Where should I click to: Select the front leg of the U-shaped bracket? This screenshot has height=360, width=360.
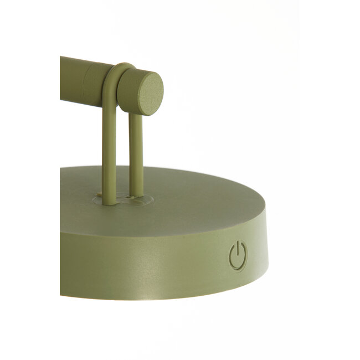tap(109, 150)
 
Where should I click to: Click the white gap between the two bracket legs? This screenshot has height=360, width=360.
tap(123, 150)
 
